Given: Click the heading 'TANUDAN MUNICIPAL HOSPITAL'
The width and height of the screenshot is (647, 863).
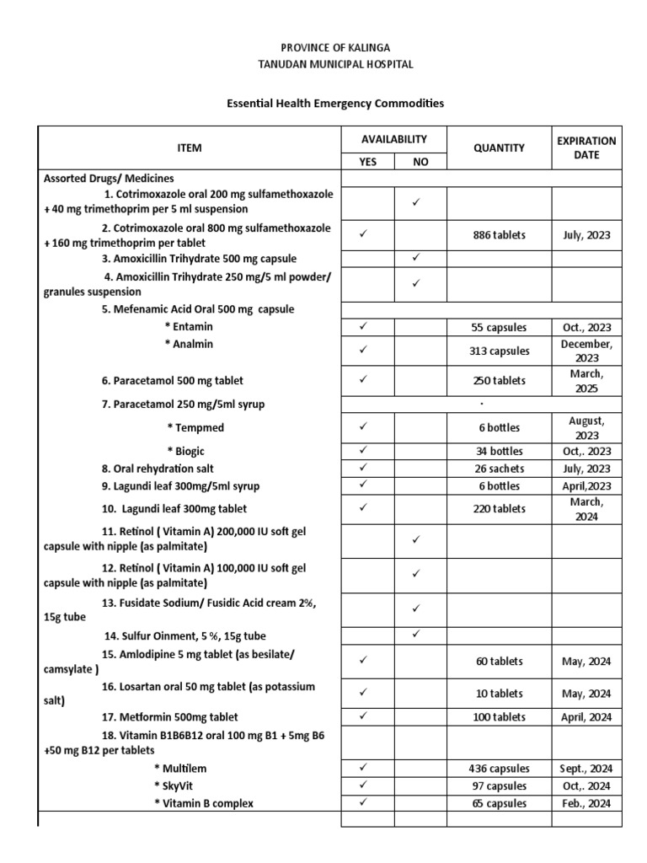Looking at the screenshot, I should [335, 64].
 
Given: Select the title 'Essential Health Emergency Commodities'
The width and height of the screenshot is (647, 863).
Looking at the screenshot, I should [335, 104].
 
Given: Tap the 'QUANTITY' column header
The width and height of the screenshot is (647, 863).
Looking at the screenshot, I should [499, 147].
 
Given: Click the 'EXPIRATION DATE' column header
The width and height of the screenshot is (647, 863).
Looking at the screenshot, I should [586, 147].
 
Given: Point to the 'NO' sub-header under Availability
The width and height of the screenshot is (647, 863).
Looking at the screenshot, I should [420, 162].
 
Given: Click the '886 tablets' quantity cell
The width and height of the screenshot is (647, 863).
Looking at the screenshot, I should [499, 236].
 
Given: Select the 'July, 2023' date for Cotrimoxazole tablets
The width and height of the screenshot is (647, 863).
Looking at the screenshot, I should [586, 236].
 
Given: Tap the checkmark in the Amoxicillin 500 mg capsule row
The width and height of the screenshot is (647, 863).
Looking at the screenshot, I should [416, 258].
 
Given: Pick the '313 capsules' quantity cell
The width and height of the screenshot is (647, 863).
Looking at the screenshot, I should [499, 351].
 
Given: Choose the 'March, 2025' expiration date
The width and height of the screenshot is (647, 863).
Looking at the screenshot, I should [586, 381].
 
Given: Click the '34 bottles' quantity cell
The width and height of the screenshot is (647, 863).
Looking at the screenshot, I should [499, 451].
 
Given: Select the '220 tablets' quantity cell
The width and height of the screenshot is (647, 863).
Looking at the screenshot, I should [499, 509].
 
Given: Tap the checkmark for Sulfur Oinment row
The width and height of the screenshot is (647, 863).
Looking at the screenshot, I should [416, 635].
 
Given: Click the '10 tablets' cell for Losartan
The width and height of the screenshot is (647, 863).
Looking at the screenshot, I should [499, 694].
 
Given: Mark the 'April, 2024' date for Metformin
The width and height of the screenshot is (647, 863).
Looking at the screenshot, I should [586, 717].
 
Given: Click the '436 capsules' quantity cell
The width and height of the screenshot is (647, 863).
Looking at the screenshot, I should [499, 769].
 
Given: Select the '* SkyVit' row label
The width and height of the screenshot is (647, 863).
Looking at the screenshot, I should [174, 786].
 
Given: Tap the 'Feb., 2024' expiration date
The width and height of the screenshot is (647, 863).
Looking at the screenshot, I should [586, 803].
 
